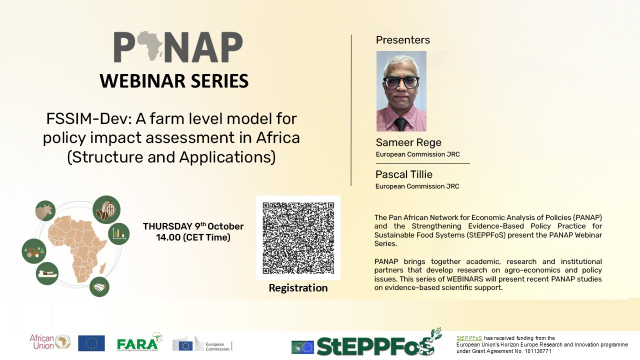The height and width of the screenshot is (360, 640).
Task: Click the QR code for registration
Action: [298, 237]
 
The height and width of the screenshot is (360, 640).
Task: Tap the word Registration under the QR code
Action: [298, 287]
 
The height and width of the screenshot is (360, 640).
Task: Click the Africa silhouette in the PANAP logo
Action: [149, 45]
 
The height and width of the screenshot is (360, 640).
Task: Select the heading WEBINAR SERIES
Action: [174, 81]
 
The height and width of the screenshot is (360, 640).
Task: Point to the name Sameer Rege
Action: [408, 142]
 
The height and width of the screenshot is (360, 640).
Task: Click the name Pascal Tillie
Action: [403, 174]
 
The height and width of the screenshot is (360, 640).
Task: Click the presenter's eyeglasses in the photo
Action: [401, 82]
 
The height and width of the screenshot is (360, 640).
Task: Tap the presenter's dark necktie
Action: [400, 124]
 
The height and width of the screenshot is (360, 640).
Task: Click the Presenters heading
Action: [402, 40]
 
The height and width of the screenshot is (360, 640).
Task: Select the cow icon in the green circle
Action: [45, 211]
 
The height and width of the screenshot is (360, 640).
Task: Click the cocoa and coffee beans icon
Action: [106, 209]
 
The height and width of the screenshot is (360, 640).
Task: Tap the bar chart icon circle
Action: [119, 233]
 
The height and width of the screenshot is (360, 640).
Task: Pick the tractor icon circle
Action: [34, 251]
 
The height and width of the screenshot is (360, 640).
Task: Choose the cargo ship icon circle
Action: [47, 273]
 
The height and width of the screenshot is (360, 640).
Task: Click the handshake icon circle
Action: [99, 286]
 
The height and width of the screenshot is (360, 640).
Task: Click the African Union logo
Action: [50, 342]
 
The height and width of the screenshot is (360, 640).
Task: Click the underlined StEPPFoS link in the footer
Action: [469, 338]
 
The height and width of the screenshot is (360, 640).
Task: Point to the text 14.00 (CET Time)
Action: [193, 237]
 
